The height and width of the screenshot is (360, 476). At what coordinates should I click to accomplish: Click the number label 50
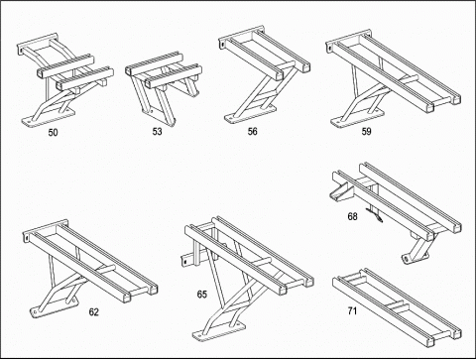[x=53, y=133]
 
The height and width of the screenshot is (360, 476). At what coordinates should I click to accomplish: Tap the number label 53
[x=157, y=132]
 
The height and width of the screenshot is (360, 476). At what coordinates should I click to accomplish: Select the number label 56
[x=252, y=132]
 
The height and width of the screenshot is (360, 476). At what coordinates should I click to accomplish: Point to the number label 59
[x=366, y=132]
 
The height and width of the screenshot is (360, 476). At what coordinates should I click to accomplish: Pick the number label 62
[x=94, y=312]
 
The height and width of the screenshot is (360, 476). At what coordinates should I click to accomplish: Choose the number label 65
[x=202, y=295]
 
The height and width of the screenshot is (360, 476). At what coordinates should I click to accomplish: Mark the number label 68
[x=352, y=216]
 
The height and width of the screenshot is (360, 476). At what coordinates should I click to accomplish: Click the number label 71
[x=352, y=310]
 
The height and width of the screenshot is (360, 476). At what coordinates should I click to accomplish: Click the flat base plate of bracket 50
[x=48, y=117]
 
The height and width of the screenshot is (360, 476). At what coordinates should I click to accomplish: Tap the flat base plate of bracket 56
[x=250, y=114]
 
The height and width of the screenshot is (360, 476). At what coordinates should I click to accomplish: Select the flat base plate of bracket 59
[x=357, y=117]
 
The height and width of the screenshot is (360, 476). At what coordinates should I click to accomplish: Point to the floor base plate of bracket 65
[x=219, y=330]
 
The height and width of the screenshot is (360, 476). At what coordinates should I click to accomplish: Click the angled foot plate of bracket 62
[x=54, y=307]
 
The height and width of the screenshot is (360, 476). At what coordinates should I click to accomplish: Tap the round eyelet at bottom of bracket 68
[x=406, y=259]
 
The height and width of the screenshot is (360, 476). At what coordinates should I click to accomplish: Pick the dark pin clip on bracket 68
[x=375, y=214]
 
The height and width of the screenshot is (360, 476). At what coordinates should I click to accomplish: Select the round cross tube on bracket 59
[x=409, y=80]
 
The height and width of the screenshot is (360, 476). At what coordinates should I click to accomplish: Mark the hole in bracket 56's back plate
[x=223, y=44]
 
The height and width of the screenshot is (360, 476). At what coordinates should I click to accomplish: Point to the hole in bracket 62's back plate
[x=26, y=237]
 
